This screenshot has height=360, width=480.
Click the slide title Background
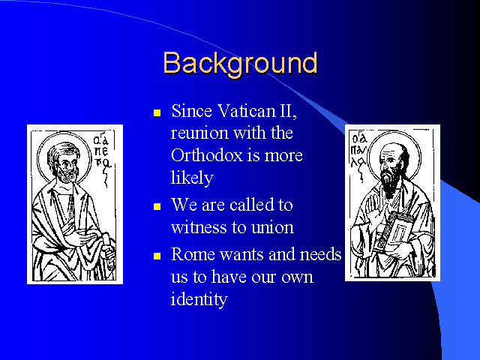[240, 64]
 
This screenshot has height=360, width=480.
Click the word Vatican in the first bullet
[246, 110]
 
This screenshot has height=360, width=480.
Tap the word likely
[192, 178]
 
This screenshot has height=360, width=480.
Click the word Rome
[193, 254]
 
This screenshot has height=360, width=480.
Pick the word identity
[199, 299]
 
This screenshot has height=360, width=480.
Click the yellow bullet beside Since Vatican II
[157, 113]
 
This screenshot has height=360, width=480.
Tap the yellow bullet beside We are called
[157, 207]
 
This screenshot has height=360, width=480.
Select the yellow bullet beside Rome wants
[157, 256]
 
